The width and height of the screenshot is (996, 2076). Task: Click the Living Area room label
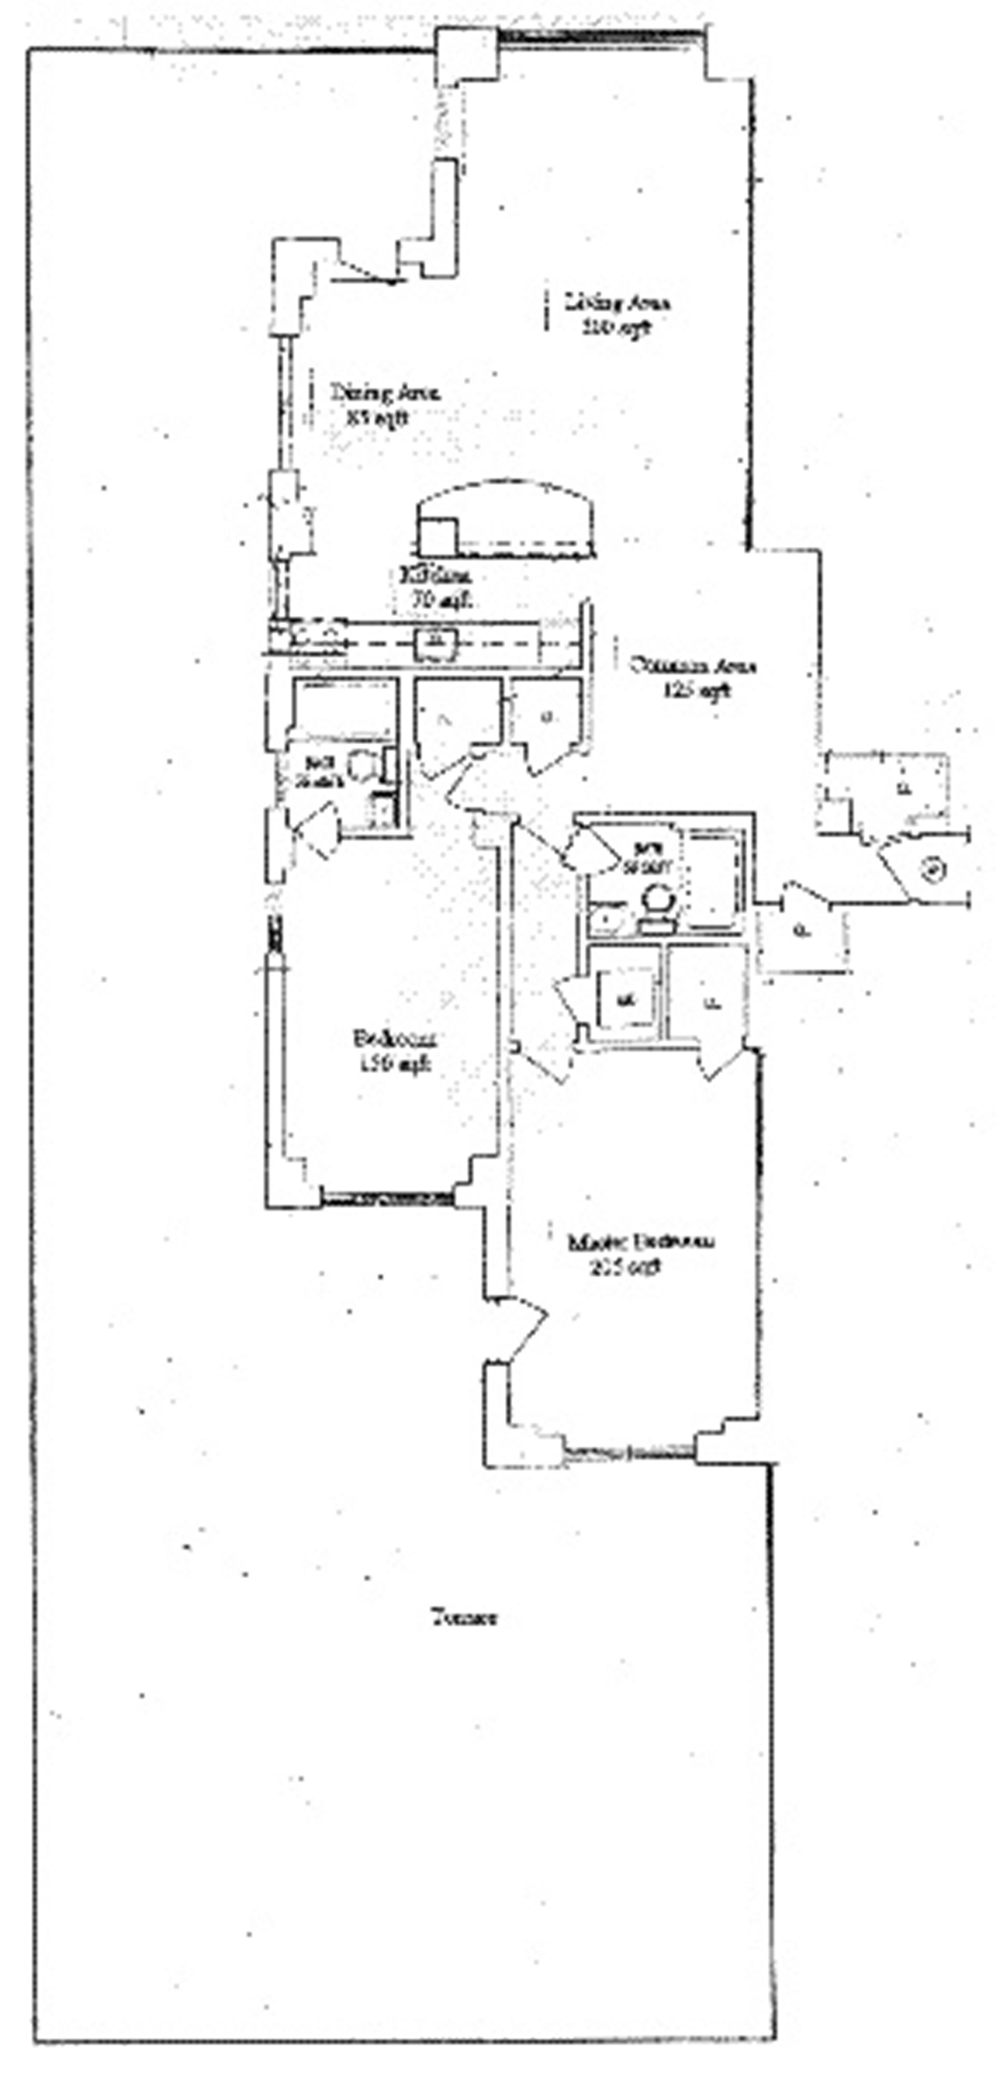coord(617,315)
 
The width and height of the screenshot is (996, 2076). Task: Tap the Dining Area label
coord(383,405)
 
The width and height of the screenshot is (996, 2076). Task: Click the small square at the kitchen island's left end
coord(437,536)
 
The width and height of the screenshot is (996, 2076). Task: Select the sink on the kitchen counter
coord(436,643)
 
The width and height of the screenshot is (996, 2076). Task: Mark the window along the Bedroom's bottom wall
coord(387,1198)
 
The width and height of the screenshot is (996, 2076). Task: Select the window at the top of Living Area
coord(600,35)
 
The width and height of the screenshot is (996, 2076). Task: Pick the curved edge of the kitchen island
coord(508,487)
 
